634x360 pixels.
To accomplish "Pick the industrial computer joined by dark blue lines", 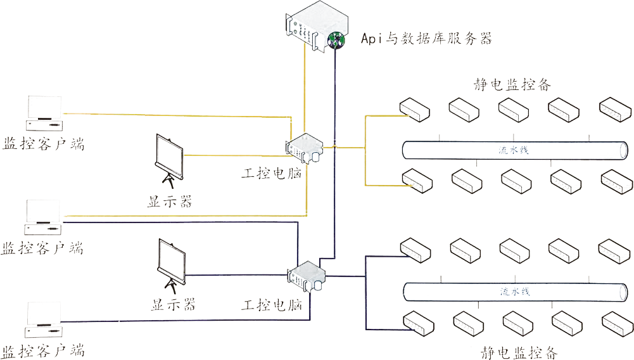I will click(307, 275).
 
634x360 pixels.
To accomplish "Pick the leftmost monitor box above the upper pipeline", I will click(414, 109).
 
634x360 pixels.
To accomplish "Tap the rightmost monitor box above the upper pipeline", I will click(615, 109).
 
